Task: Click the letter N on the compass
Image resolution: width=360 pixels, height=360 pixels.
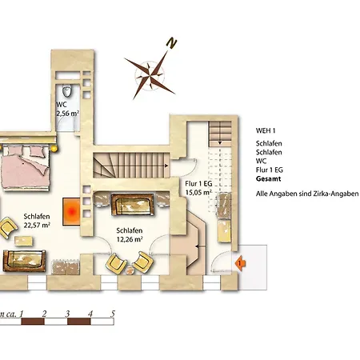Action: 171,43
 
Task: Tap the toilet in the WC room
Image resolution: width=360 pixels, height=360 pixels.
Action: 66,91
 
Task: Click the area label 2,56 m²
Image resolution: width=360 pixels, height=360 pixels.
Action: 68,113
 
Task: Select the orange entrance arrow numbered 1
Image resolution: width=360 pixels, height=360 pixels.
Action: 240,263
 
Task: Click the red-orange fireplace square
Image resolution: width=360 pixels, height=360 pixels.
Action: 71,212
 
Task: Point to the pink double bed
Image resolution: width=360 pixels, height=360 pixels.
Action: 26,167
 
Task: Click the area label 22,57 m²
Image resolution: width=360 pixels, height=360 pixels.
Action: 37,225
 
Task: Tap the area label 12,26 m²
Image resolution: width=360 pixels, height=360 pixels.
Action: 130,239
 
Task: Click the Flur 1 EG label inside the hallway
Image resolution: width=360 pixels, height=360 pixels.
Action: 198,183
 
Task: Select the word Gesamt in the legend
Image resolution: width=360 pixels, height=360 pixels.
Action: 268,179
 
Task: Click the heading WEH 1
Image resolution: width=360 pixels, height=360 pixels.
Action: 266,130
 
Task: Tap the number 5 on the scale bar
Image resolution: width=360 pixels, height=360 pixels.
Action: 113,314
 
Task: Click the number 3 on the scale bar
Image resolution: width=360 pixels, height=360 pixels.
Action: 67,314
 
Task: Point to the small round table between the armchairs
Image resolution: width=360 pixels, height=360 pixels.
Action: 130,270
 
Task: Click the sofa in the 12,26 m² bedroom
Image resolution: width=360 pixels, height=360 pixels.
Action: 133,205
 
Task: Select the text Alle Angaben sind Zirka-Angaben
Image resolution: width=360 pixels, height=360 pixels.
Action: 307,194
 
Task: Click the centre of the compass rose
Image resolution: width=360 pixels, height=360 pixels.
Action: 150,75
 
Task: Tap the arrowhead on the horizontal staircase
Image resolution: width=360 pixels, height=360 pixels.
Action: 166,166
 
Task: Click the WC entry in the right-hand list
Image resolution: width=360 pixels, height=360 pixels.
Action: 261,161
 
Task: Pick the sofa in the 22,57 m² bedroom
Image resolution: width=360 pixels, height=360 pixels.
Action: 25,261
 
